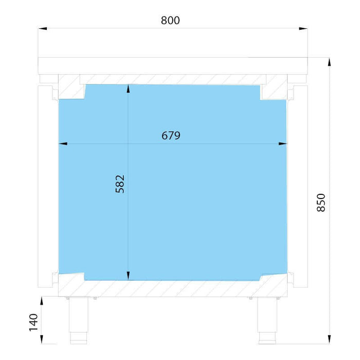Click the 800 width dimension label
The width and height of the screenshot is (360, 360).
click(170, 20)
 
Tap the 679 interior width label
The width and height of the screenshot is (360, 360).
click(171, 135)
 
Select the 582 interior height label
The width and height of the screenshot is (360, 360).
click(120, 184)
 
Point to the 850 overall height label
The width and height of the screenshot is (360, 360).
click(321, 203)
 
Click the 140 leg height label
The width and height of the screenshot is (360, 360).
click(33, 322)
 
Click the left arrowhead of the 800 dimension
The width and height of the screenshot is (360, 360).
click(43, 28)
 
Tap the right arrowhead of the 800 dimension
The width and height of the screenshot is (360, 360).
click(303, 28)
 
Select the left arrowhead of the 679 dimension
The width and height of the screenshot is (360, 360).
click(63, 143)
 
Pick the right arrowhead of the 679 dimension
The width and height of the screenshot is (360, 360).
click(283, 143)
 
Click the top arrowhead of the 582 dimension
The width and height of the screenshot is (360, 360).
click(128, 88)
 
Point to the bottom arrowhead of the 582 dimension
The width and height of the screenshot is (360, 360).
click(128, 276)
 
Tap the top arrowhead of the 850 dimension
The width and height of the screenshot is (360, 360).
click(330, 62)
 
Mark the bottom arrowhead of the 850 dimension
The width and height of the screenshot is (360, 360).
click(330, 339)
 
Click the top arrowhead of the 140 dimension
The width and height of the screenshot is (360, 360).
click(42, 301)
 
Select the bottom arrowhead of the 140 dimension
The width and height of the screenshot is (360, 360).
click(42, 339)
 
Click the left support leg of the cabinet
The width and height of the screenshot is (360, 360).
click(79, 320)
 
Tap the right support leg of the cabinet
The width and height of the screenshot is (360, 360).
click(267, 320)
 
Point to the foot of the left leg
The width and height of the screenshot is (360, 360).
click(79, 338)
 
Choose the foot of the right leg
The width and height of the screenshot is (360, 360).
click(267, 338)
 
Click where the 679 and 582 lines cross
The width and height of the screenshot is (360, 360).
click(128, 143)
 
